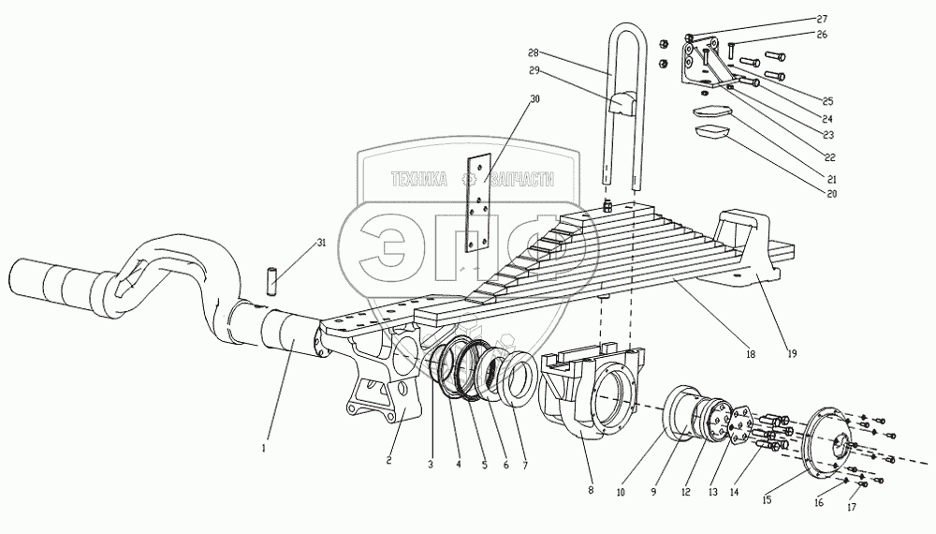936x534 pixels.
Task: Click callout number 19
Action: pos(791,353)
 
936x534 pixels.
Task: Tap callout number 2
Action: pos(388,461)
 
